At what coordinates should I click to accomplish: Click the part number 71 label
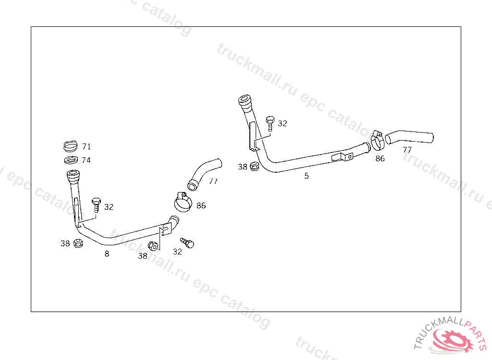click(x=86, y=146)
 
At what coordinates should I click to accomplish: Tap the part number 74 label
click(x=86, y=160)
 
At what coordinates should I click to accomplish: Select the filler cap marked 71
click(x=70, y=145)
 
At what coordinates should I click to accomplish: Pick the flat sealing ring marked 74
click(x=71, y=159)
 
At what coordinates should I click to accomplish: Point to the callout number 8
click(x=107, y=254)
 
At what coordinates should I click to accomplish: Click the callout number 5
click(x=307, y=176)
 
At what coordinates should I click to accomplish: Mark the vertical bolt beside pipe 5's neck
click(x=270, y=123)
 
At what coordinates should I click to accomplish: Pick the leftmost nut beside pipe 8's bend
click(x=78, y=243)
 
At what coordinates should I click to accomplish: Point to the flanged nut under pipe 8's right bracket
click(x=153, y=246)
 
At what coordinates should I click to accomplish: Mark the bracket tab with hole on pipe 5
click(x=343, y=157)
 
